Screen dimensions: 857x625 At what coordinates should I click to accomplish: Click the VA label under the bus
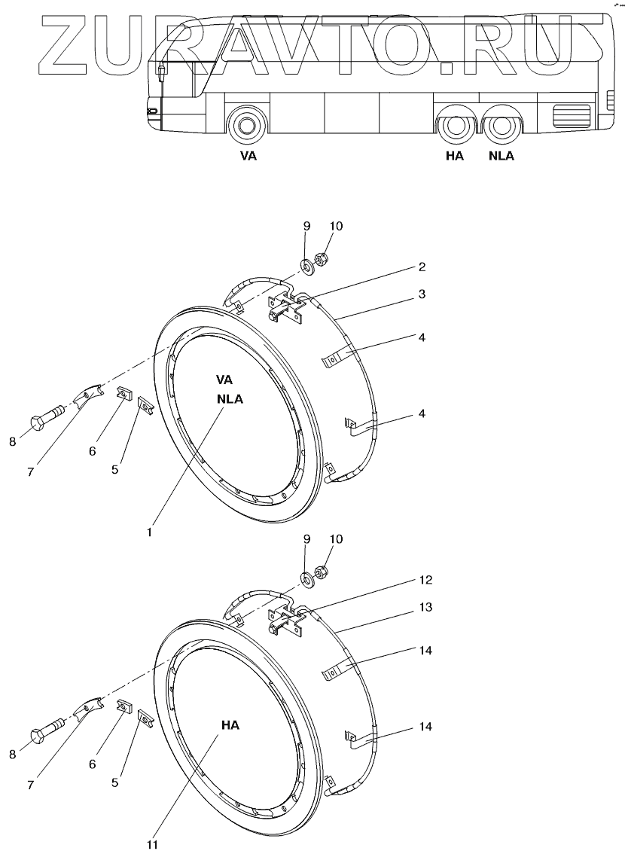pyautogui.click(x=248, y=157)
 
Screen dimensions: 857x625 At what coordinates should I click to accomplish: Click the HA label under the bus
pyautogui.click(x=454, y=157)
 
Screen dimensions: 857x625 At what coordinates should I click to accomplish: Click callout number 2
pyautogui.click(x=422, y=267)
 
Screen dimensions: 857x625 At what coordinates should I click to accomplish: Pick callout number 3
pyautogui.click(x=422, y=294)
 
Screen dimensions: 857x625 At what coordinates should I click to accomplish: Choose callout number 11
pyautogui.click(x=153, y=845)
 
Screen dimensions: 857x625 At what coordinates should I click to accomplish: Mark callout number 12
pyautogui.click(x=426, y=580)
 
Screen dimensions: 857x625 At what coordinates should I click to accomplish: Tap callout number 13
pyautogui.click(x=426, y=607)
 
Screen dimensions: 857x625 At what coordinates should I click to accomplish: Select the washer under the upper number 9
pyautogui.click(x=307, y=266)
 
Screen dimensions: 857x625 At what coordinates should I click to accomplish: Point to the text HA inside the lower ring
pyautogui.click(x=230, y=725)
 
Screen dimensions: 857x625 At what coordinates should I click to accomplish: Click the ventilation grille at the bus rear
pyautogui.click(x=571, y=116)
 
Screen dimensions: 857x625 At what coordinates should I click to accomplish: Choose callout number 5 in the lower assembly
pyautogui.click(x=114, y=782)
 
